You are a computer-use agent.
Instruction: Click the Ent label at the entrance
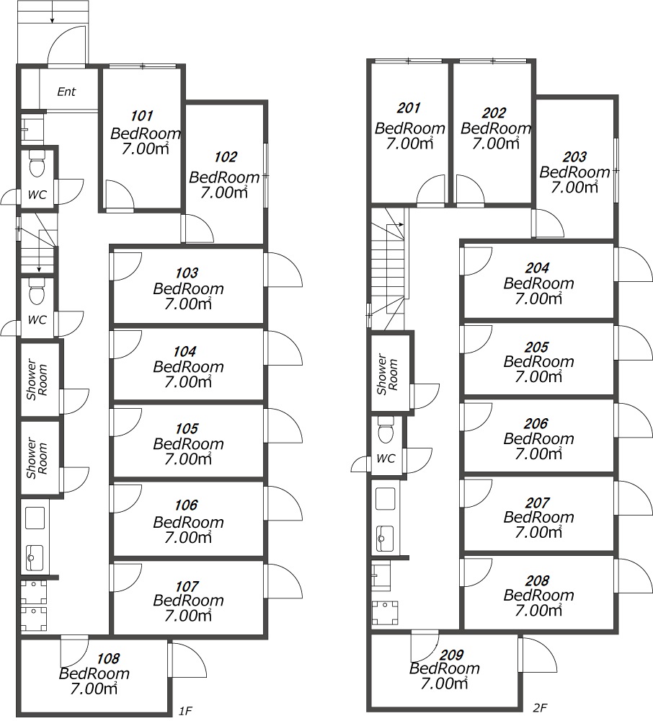pos(66,92)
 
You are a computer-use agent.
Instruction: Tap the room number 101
pos(141,115)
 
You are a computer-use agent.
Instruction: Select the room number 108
pos(108,658)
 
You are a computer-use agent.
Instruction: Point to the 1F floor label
pos(185,711)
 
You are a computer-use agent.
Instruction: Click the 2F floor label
pos(540,708)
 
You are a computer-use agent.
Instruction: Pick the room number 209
pos(452,655)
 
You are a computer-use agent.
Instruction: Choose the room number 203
pos(574,156)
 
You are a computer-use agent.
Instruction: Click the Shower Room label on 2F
pos(387,373)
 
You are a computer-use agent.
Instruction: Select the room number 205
pos(536,347)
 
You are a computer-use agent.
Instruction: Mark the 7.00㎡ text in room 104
pos(188,381)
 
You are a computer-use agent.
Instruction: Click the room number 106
pos(186,505)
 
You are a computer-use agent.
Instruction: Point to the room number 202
pos(494,112)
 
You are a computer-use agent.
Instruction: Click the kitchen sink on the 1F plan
pos(35,558)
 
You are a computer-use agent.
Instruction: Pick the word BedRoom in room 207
pos(538,517)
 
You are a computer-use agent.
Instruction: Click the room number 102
pos(225,157)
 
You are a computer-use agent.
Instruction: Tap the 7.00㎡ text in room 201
pos(409,143)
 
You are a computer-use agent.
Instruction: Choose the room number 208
pos(537,580)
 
